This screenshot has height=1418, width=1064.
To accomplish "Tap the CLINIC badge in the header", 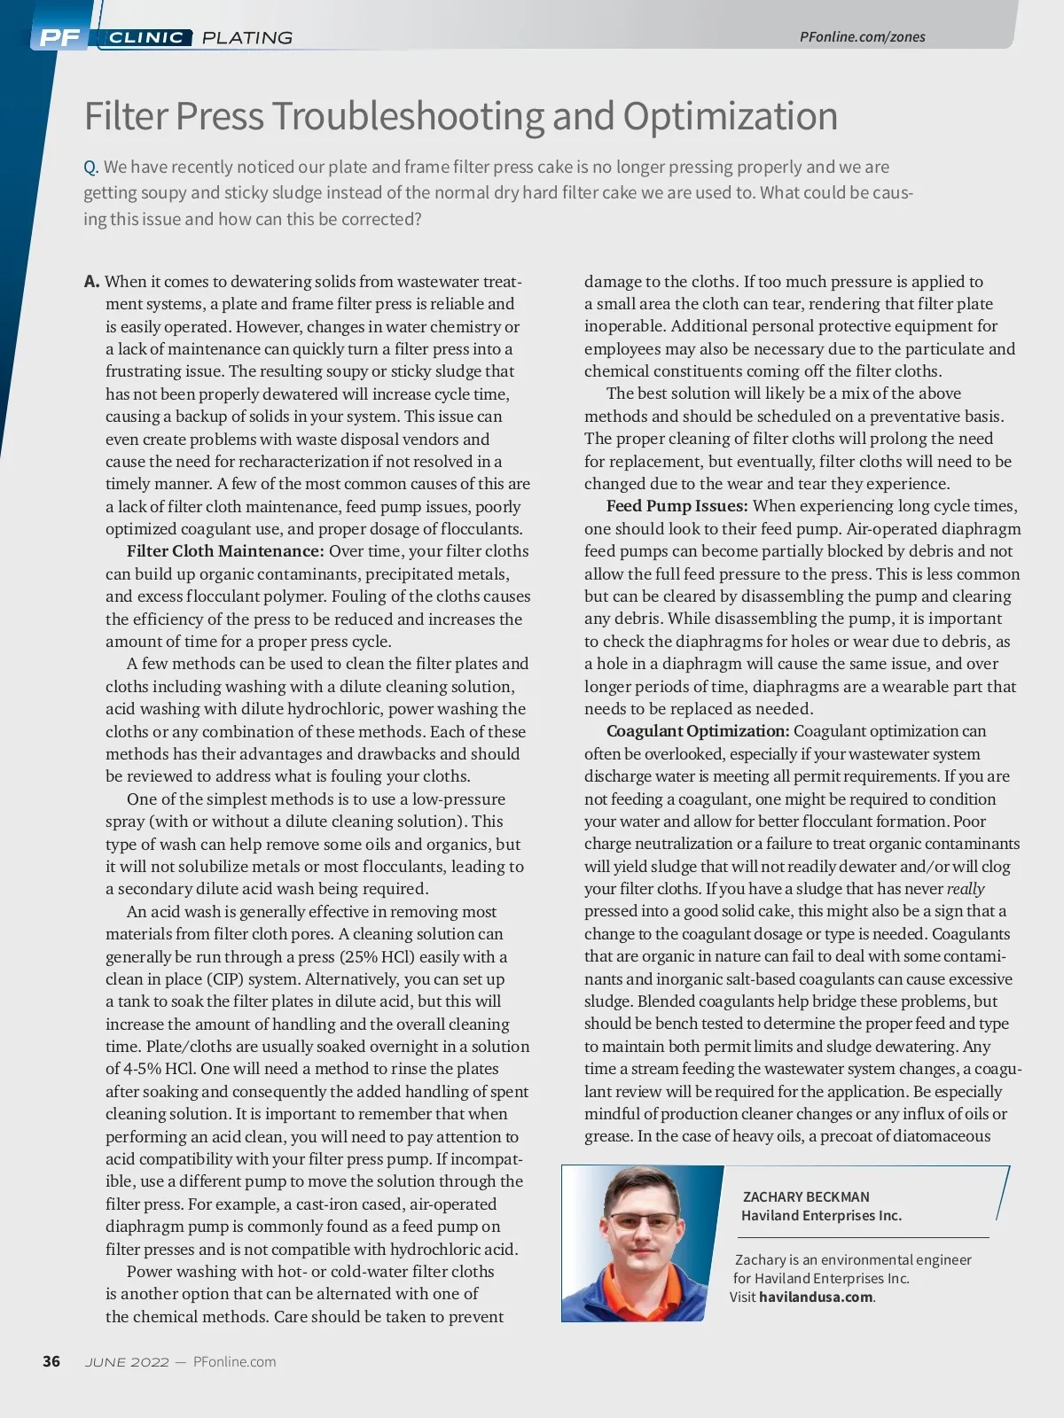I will (146, 37).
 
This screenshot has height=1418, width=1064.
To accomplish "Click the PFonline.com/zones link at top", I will (862, 36).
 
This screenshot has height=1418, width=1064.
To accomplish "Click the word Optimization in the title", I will (730, 116).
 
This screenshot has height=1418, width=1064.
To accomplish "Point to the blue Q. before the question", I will (90, 168).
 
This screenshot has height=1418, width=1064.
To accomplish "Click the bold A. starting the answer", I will (92, 282).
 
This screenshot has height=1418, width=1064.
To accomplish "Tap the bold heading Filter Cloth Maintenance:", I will (225, 551).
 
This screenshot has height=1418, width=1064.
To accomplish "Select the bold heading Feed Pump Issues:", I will (677, 506).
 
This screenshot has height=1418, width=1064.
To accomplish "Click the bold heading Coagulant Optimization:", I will (697, 731).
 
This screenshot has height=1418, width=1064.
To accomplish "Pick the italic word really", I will (966, 889).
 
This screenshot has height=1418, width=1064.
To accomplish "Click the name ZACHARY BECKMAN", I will (805, 1196).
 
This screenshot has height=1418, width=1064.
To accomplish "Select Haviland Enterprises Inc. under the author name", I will (821, 1216).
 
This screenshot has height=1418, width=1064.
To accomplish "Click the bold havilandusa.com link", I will (816, 1297).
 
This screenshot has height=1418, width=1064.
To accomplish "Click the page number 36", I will (51, 1361).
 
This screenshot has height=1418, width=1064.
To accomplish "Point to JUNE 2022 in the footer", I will (127, 1362).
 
